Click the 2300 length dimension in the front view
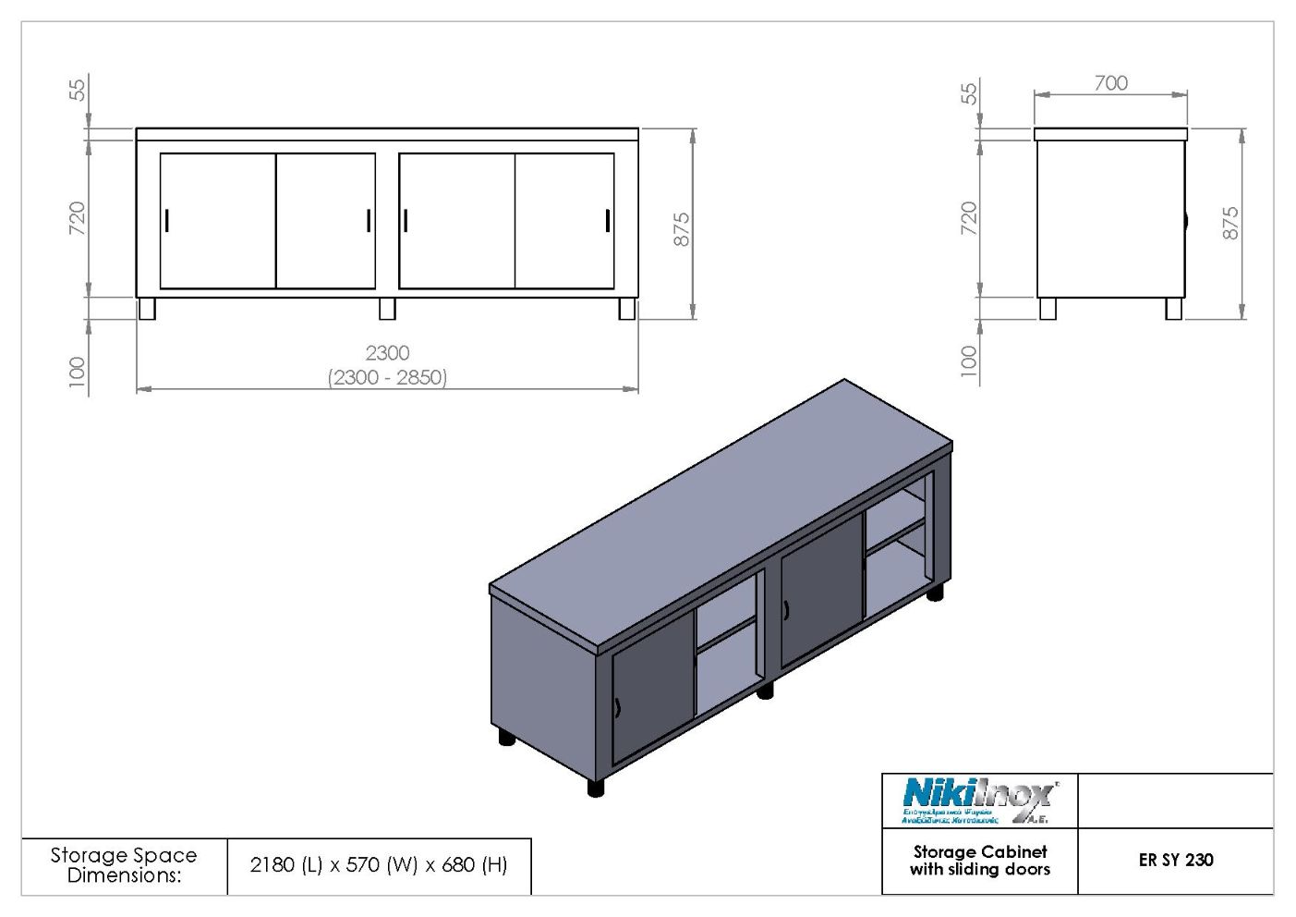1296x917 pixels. coord(387,353)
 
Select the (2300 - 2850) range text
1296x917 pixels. coord(387,377)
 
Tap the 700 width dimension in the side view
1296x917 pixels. coord(1110,83)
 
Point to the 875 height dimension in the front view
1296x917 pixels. coord(682,229)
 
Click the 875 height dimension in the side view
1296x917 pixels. coord(1230,224)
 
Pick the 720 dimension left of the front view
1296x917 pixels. coord(78,217)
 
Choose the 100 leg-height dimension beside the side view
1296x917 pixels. coord(968,360)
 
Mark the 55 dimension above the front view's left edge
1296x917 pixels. coord(78,90)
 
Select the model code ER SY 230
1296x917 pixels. coord(1175,860)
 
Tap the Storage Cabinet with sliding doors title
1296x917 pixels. coord(979,861)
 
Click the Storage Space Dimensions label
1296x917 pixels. coord(124,865)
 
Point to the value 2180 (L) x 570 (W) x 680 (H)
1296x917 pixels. coord(379,865)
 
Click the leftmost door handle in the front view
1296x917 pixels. coord(167,221)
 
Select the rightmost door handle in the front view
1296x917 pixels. coord(608,221)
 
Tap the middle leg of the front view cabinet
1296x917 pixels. coord(387,309)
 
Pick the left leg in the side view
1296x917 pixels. coord(1048,309)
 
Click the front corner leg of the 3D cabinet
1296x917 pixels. coord(596,788)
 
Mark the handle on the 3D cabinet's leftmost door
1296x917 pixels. coord(617,708)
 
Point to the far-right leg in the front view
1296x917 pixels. coord(626,309)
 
